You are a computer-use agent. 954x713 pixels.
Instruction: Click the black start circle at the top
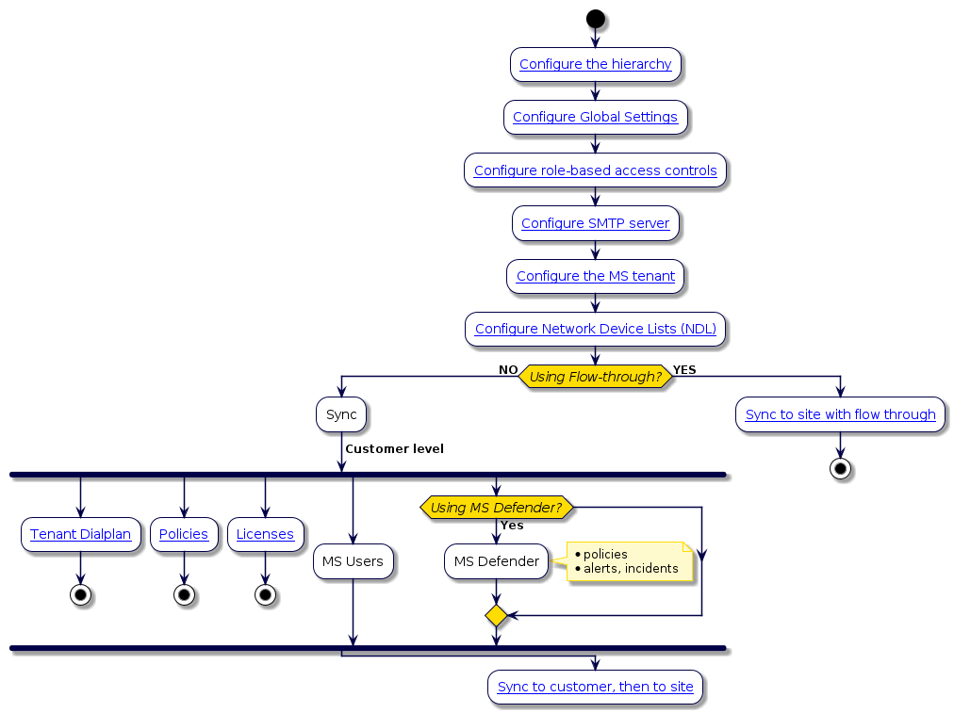(595, 19)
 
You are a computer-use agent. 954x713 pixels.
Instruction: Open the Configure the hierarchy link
(595, 64)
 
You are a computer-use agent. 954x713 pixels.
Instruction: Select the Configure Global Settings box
(595, 117)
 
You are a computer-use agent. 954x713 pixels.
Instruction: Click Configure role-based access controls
(595, 170)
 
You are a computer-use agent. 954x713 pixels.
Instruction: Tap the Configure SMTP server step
(595, 223)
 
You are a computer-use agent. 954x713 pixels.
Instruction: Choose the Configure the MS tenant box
(595, 276)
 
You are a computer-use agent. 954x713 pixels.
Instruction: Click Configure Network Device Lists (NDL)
(595, 329)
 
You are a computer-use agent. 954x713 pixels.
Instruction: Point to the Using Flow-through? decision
(595, 377)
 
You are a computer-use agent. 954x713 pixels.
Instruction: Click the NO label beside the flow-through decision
(508, 370)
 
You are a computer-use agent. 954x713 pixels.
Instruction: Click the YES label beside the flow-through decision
(684, 370)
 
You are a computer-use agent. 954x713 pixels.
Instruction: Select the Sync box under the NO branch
(341, 414)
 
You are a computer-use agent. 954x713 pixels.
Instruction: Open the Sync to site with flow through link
(840, 414)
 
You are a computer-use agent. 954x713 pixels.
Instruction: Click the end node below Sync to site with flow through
(840, 469)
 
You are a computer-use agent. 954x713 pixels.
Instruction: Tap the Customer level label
(394, 449)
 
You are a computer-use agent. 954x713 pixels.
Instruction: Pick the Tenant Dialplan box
(80, 534)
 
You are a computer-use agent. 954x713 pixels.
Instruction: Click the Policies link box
(184, 534)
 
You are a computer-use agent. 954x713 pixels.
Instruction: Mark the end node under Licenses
(265, 595)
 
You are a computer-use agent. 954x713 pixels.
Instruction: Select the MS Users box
(353, 561)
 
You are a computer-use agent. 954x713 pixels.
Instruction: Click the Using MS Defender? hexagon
(496, 508)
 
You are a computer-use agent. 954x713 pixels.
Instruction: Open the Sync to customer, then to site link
(595, 687)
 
